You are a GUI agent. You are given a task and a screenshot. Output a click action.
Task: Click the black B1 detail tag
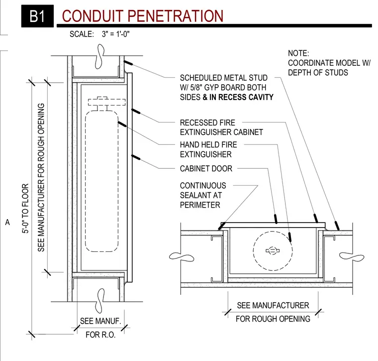[37, 16]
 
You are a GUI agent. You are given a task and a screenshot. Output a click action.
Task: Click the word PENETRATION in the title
[175, 16]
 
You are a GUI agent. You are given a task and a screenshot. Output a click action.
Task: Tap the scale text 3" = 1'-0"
[115, 34]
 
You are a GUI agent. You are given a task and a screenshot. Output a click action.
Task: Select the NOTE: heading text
[298, 53]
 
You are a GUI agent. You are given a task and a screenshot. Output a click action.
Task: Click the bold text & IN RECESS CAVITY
[238, 97]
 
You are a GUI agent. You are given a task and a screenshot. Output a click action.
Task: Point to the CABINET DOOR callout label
[206, 168]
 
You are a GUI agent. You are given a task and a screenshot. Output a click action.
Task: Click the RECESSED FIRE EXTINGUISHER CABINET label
[221, 127]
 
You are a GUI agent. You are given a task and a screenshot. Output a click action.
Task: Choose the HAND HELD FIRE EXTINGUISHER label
[208, 149]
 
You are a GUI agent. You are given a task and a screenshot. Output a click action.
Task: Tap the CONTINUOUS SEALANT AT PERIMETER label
[203, 195]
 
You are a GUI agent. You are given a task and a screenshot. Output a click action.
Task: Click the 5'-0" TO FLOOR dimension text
[25, 208]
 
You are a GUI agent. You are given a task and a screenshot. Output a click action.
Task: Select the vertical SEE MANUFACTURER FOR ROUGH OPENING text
[41, 177]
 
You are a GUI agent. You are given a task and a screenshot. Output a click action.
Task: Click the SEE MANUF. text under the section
[100, 321]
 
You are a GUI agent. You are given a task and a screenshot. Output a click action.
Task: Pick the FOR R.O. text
[100, 335]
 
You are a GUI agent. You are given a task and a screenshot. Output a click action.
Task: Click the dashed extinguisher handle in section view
[107, 102]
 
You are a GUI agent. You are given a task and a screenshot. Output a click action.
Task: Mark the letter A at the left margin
[7, 222]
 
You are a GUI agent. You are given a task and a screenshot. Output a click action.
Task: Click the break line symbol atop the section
[99, 56]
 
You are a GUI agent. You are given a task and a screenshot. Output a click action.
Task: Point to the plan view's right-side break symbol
[352, 257]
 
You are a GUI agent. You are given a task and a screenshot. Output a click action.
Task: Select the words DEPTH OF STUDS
[318, 72]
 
